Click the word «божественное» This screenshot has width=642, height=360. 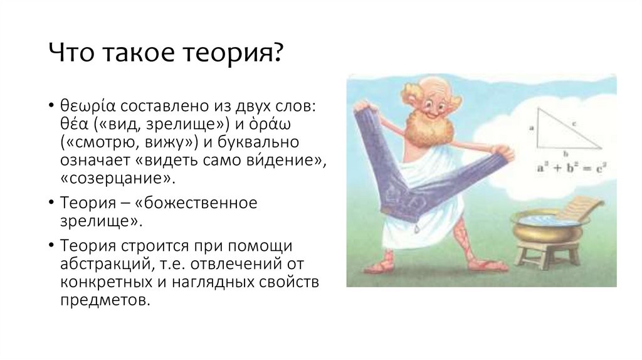(186, 204)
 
